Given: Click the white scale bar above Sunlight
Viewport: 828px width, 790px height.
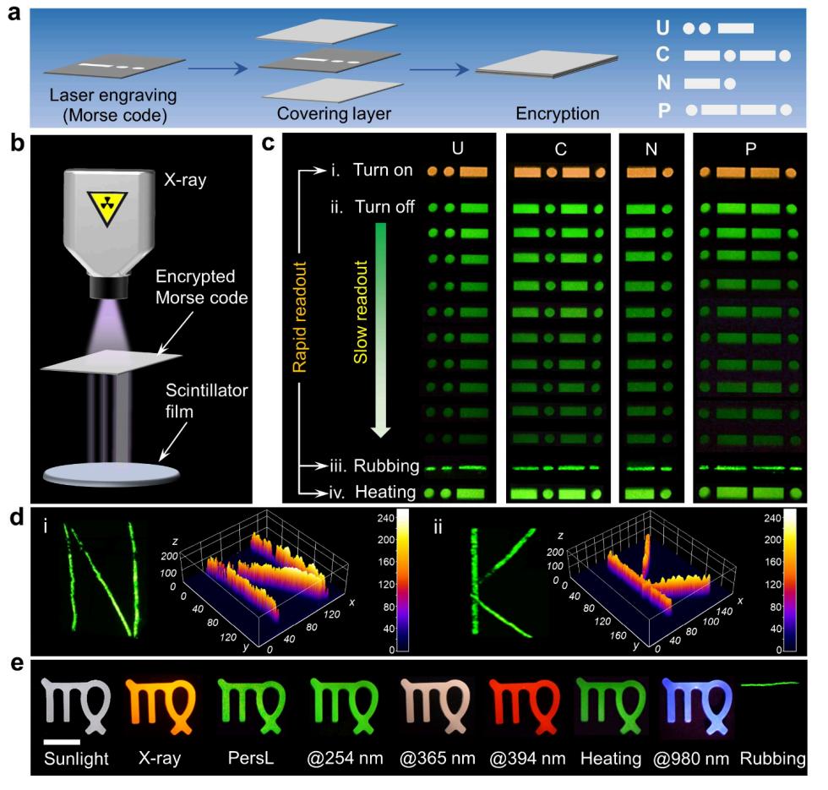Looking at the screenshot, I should pos(63,742).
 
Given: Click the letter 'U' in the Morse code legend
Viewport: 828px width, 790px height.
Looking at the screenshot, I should pos(663,27).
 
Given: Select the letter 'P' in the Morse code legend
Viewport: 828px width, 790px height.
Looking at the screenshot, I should pos(663,109).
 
